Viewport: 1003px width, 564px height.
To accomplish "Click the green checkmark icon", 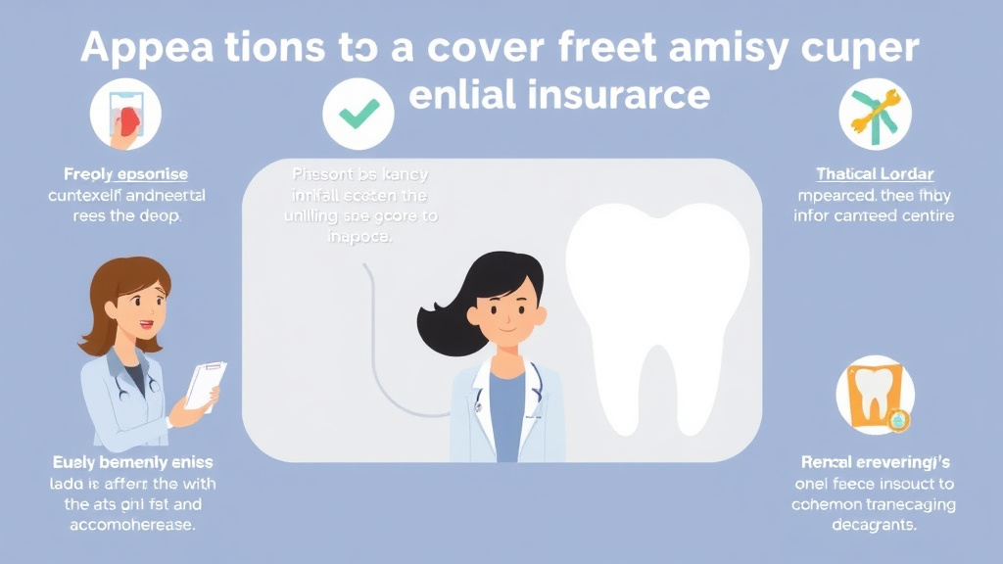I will (358, 115).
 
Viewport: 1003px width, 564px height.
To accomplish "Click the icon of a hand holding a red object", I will (125, 115).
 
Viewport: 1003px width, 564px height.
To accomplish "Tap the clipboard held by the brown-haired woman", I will (206, 385).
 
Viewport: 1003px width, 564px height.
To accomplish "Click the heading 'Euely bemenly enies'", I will (134, 461).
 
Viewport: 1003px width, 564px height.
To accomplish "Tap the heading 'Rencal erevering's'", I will (874, 461).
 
